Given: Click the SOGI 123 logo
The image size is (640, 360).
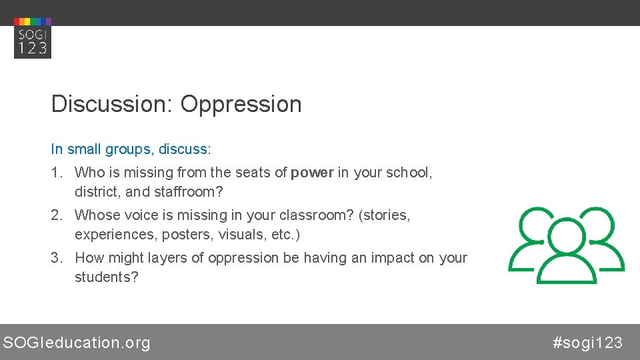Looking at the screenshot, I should [x=32, y=39].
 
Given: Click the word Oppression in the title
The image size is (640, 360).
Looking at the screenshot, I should [x=241, y=104].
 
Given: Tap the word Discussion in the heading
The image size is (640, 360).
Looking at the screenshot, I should [x=111, y=104].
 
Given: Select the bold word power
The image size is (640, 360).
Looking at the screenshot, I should [x=312, y=173].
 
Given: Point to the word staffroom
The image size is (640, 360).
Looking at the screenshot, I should [x=190, y=192].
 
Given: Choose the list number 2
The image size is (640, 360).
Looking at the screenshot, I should [x=55, y=215].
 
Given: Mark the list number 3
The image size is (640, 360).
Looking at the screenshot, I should [x=55, y=258].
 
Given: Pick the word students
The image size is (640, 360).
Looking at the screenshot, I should [x=106, y=277].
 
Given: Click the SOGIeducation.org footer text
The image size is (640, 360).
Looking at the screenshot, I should [x=77, y=343].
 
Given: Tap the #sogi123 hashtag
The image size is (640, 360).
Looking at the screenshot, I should [x=587, y=343].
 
